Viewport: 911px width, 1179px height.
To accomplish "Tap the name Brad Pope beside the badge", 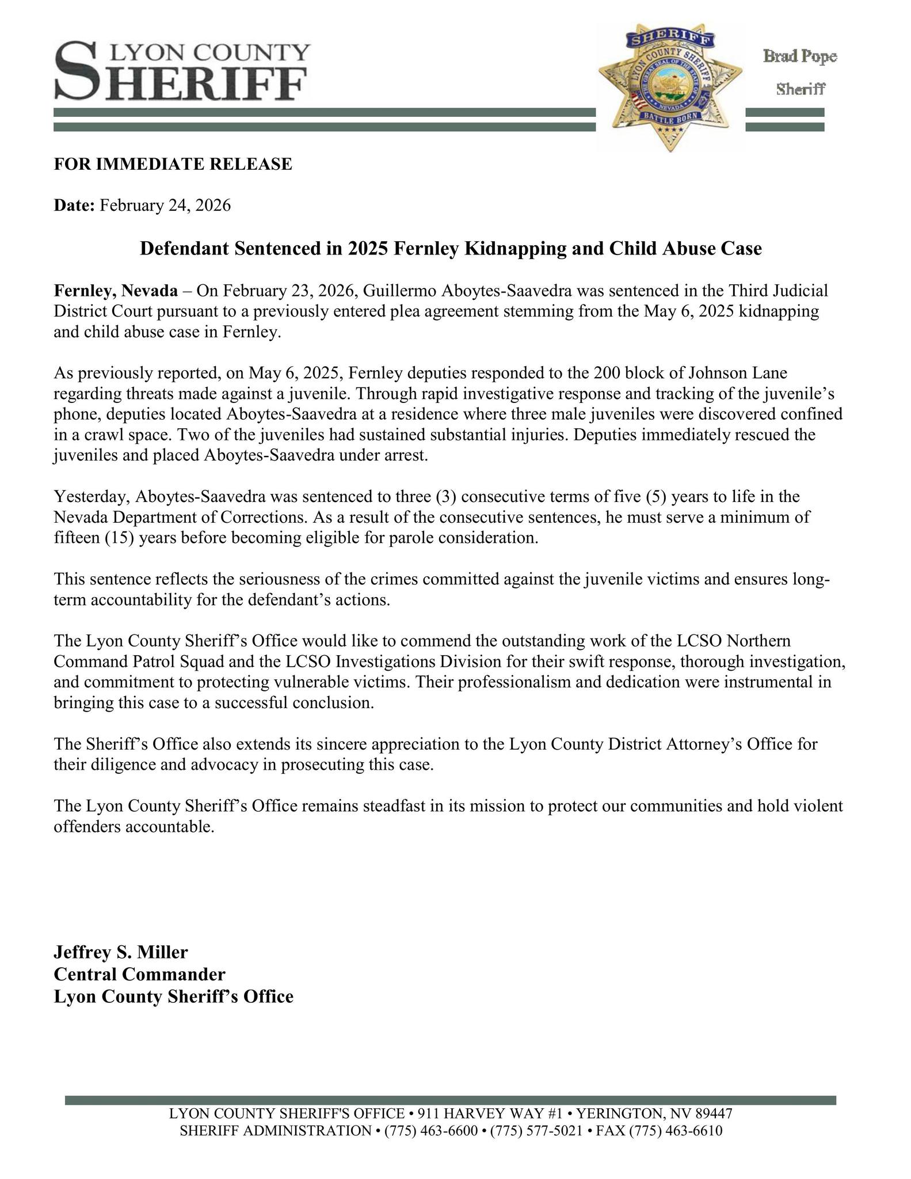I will click(799, 56).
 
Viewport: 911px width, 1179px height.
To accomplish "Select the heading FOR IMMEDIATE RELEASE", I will click(173, 164).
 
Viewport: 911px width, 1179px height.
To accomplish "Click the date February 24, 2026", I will click(165, 206).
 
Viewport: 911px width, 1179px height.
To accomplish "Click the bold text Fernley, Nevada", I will click(116, 291).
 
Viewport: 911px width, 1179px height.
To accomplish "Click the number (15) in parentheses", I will click(120, 538).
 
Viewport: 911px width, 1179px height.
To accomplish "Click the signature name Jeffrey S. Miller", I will click(121, 952).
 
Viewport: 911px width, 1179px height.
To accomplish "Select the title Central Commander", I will click(139, 974).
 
